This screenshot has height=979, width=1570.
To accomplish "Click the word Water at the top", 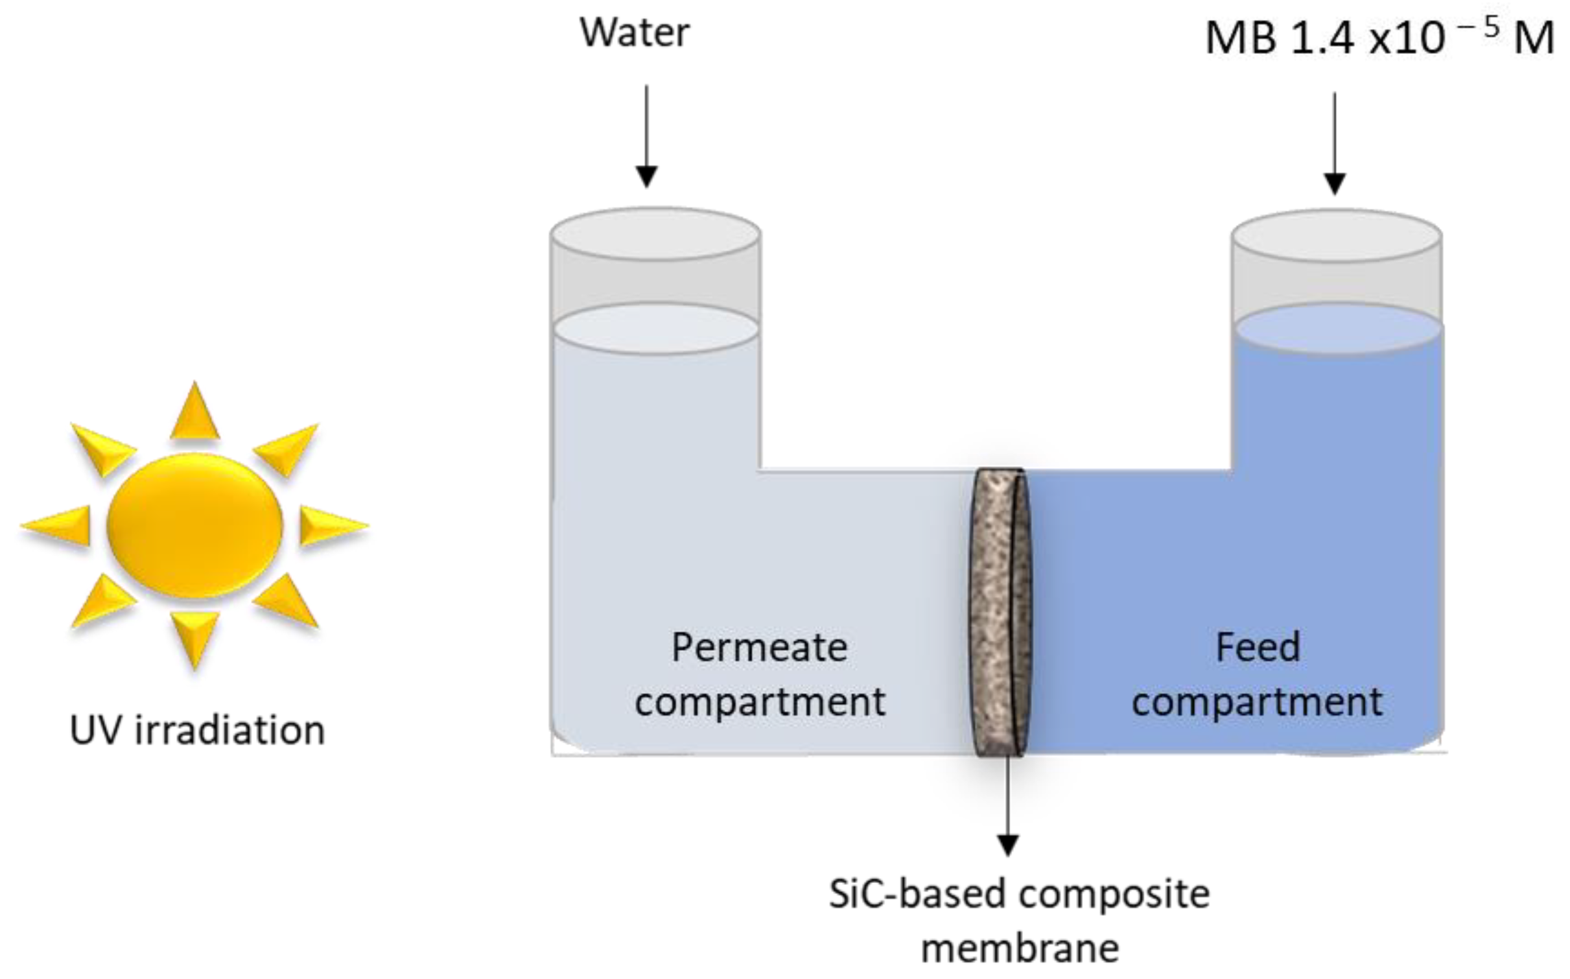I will pyautogui.click(x=635, y=32).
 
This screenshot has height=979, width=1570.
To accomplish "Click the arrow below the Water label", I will pyautogui.click(x=646, y=136).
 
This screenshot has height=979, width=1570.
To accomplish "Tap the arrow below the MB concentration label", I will pyautogui.click(x=1334, y=143).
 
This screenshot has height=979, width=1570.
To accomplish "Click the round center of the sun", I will pyautogui.click(x=194, y=525).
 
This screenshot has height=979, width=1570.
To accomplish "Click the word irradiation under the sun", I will pyautogui.click(x=230, y=731).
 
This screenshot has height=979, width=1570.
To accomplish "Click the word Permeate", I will pyautogui.click(x=759, y=648).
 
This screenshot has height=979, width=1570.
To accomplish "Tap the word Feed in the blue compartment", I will pyautogui.click(x=1258, y=648).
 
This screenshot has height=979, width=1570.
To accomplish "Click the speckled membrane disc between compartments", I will pyautogui.click(x=999, y=613).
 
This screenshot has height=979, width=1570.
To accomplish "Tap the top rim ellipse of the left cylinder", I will pyautogui.click(x=655, y=234).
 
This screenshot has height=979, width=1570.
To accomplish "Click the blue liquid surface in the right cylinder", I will pyautogui.click(x=1338, y=329).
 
